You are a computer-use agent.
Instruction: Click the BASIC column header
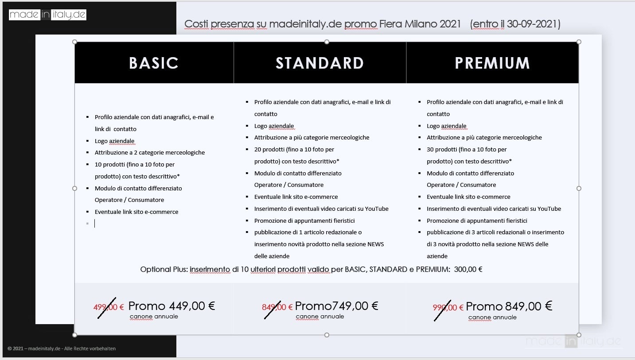click(x=154, y=63)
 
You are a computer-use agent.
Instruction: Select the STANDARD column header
click(x=319, y=63)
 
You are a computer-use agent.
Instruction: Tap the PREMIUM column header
click(x=492, y=63)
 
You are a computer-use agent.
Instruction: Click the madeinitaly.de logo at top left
click(x=47, y=15)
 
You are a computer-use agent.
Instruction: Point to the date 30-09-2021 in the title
click(x=532, y=24)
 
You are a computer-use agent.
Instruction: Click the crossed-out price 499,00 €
click(x=109, y=307)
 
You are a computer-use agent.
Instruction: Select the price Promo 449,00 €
click(x=171, y=306)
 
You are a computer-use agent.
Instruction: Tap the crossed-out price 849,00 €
click(x=277, y=307)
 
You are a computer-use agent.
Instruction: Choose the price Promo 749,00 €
click(x=336, y=306)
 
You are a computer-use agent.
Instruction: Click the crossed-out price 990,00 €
click(x=448, y=307)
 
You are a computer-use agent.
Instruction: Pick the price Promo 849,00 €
click(x=509, y=306)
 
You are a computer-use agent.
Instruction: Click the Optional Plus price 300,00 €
click(x=468, y=269)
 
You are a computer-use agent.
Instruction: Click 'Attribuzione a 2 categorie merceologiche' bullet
click(x=150, y=152)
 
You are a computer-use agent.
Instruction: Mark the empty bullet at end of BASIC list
click(x=87, y=224)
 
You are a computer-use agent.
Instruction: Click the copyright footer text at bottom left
click(x=62, y=348)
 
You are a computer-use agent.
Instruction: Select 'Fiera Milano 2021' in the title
click(x=420, y=24)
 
